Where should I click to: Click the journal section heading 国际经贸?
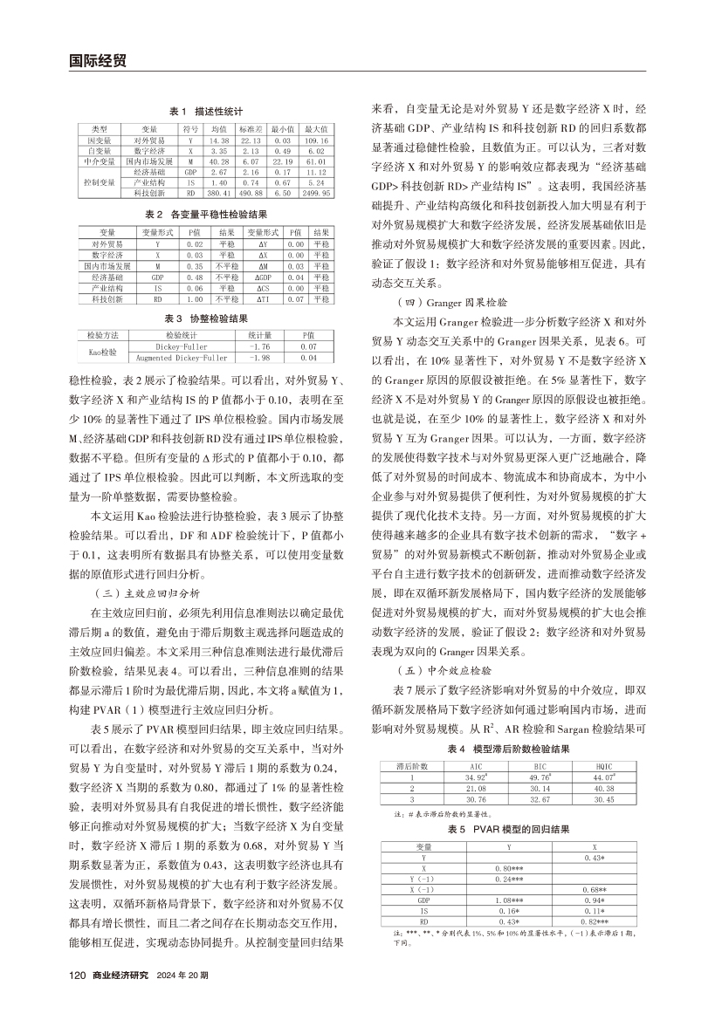pos(97,60)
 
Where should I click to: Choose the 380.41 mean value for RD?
pos(219,193)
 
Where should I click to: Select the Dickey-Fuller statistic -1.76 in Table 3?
pos(255,346)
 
